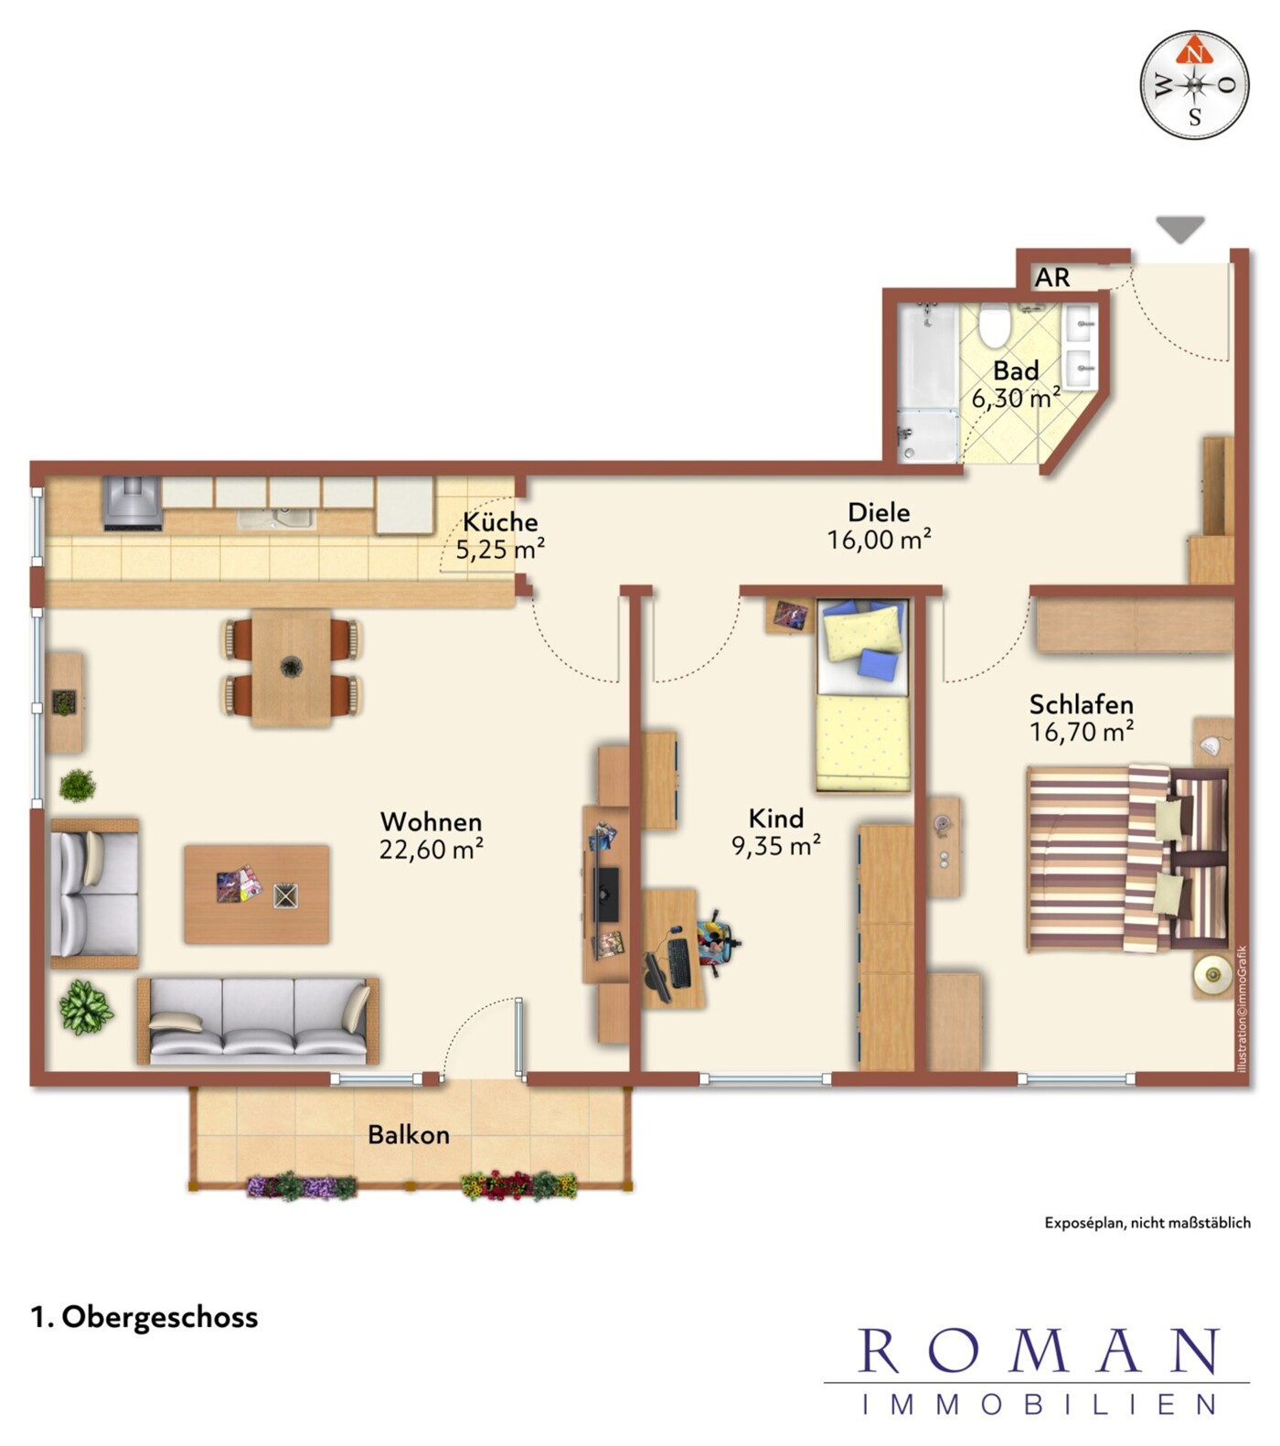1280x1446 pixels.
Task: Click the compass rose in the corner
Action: coord(1194,85)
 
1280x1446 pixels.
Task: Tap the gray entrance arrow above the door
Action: coord(1179,229)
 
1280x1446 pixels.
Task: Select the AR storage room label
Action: coord(1052,277)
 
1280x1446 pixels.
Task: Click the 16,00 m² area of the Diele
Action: coord(879,540)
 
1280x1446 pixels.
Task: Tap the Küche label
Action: coord(500,522)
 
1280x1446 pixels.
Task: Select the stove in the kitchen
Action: coord(133,503)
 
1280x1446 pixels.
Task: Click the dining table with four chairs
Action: coord(292,668)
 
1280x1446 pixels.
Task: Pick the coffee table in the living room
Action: coord(257,894)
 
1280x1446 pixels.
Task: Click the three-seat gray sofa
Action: coord(259,1021)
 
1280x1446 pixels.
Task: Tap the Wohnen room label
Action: coord(431,821)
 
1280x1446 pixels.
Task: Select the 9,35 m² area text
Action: coord(776,846)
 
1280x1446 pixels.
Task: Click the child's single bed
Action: coord(863,695)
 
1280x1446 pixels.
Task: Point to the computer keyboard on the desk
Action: coord(678,963)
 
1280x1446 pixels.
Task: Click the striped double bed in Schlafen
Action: coord(1128,859)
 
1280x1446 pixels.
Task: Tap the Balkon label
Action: coord(409,1135)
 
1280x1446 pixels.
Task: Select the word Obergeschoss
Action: coord(160,1317)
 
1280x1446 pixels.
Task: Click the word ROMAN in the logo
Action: coord(1039,1350)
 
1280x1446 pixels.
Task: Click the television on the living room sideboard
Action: coord(605,894)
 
